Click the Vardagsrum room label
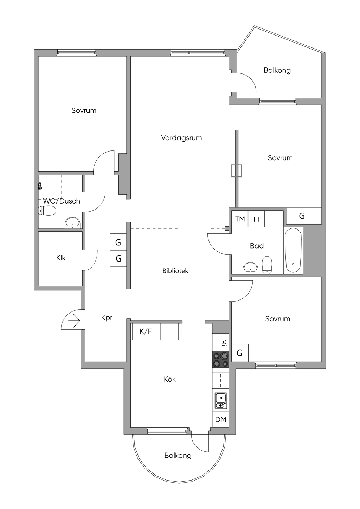click(181, 138)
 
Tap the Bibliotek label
click(175, 271)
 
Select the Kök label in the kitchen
click(170, 379)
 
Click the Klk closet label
click(61, 258)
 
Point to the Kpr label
click(107, 318)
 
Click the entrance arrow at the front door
click(74, 321)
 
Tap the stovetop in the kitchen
click(220, 360)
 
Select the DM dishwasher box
click(221, 419)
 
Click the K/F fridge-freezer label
click(146, 331)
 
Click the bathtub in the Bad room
click(293, 250)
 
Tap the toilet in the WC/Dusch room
click(47, 211)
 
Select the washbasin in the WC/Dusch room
click(73, 223)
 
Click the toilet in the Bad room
click(267, 265)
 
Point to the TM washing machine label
click(240, 219)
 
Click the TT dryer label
click(256, 219)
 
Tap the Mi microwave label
click(224, 342)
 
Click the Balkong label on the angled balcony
click(277, 70)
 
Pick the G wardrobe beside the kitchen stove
click(240, 353)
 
